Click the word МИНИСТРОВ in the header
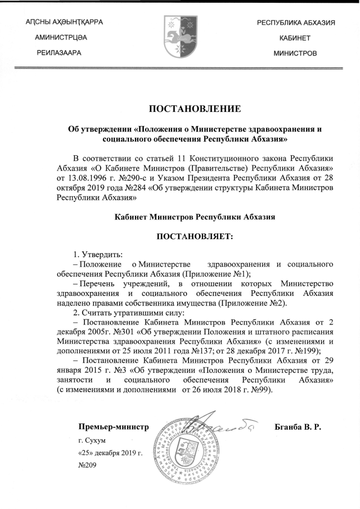coord(295,53)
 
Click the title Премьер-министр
coord(113,427)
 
